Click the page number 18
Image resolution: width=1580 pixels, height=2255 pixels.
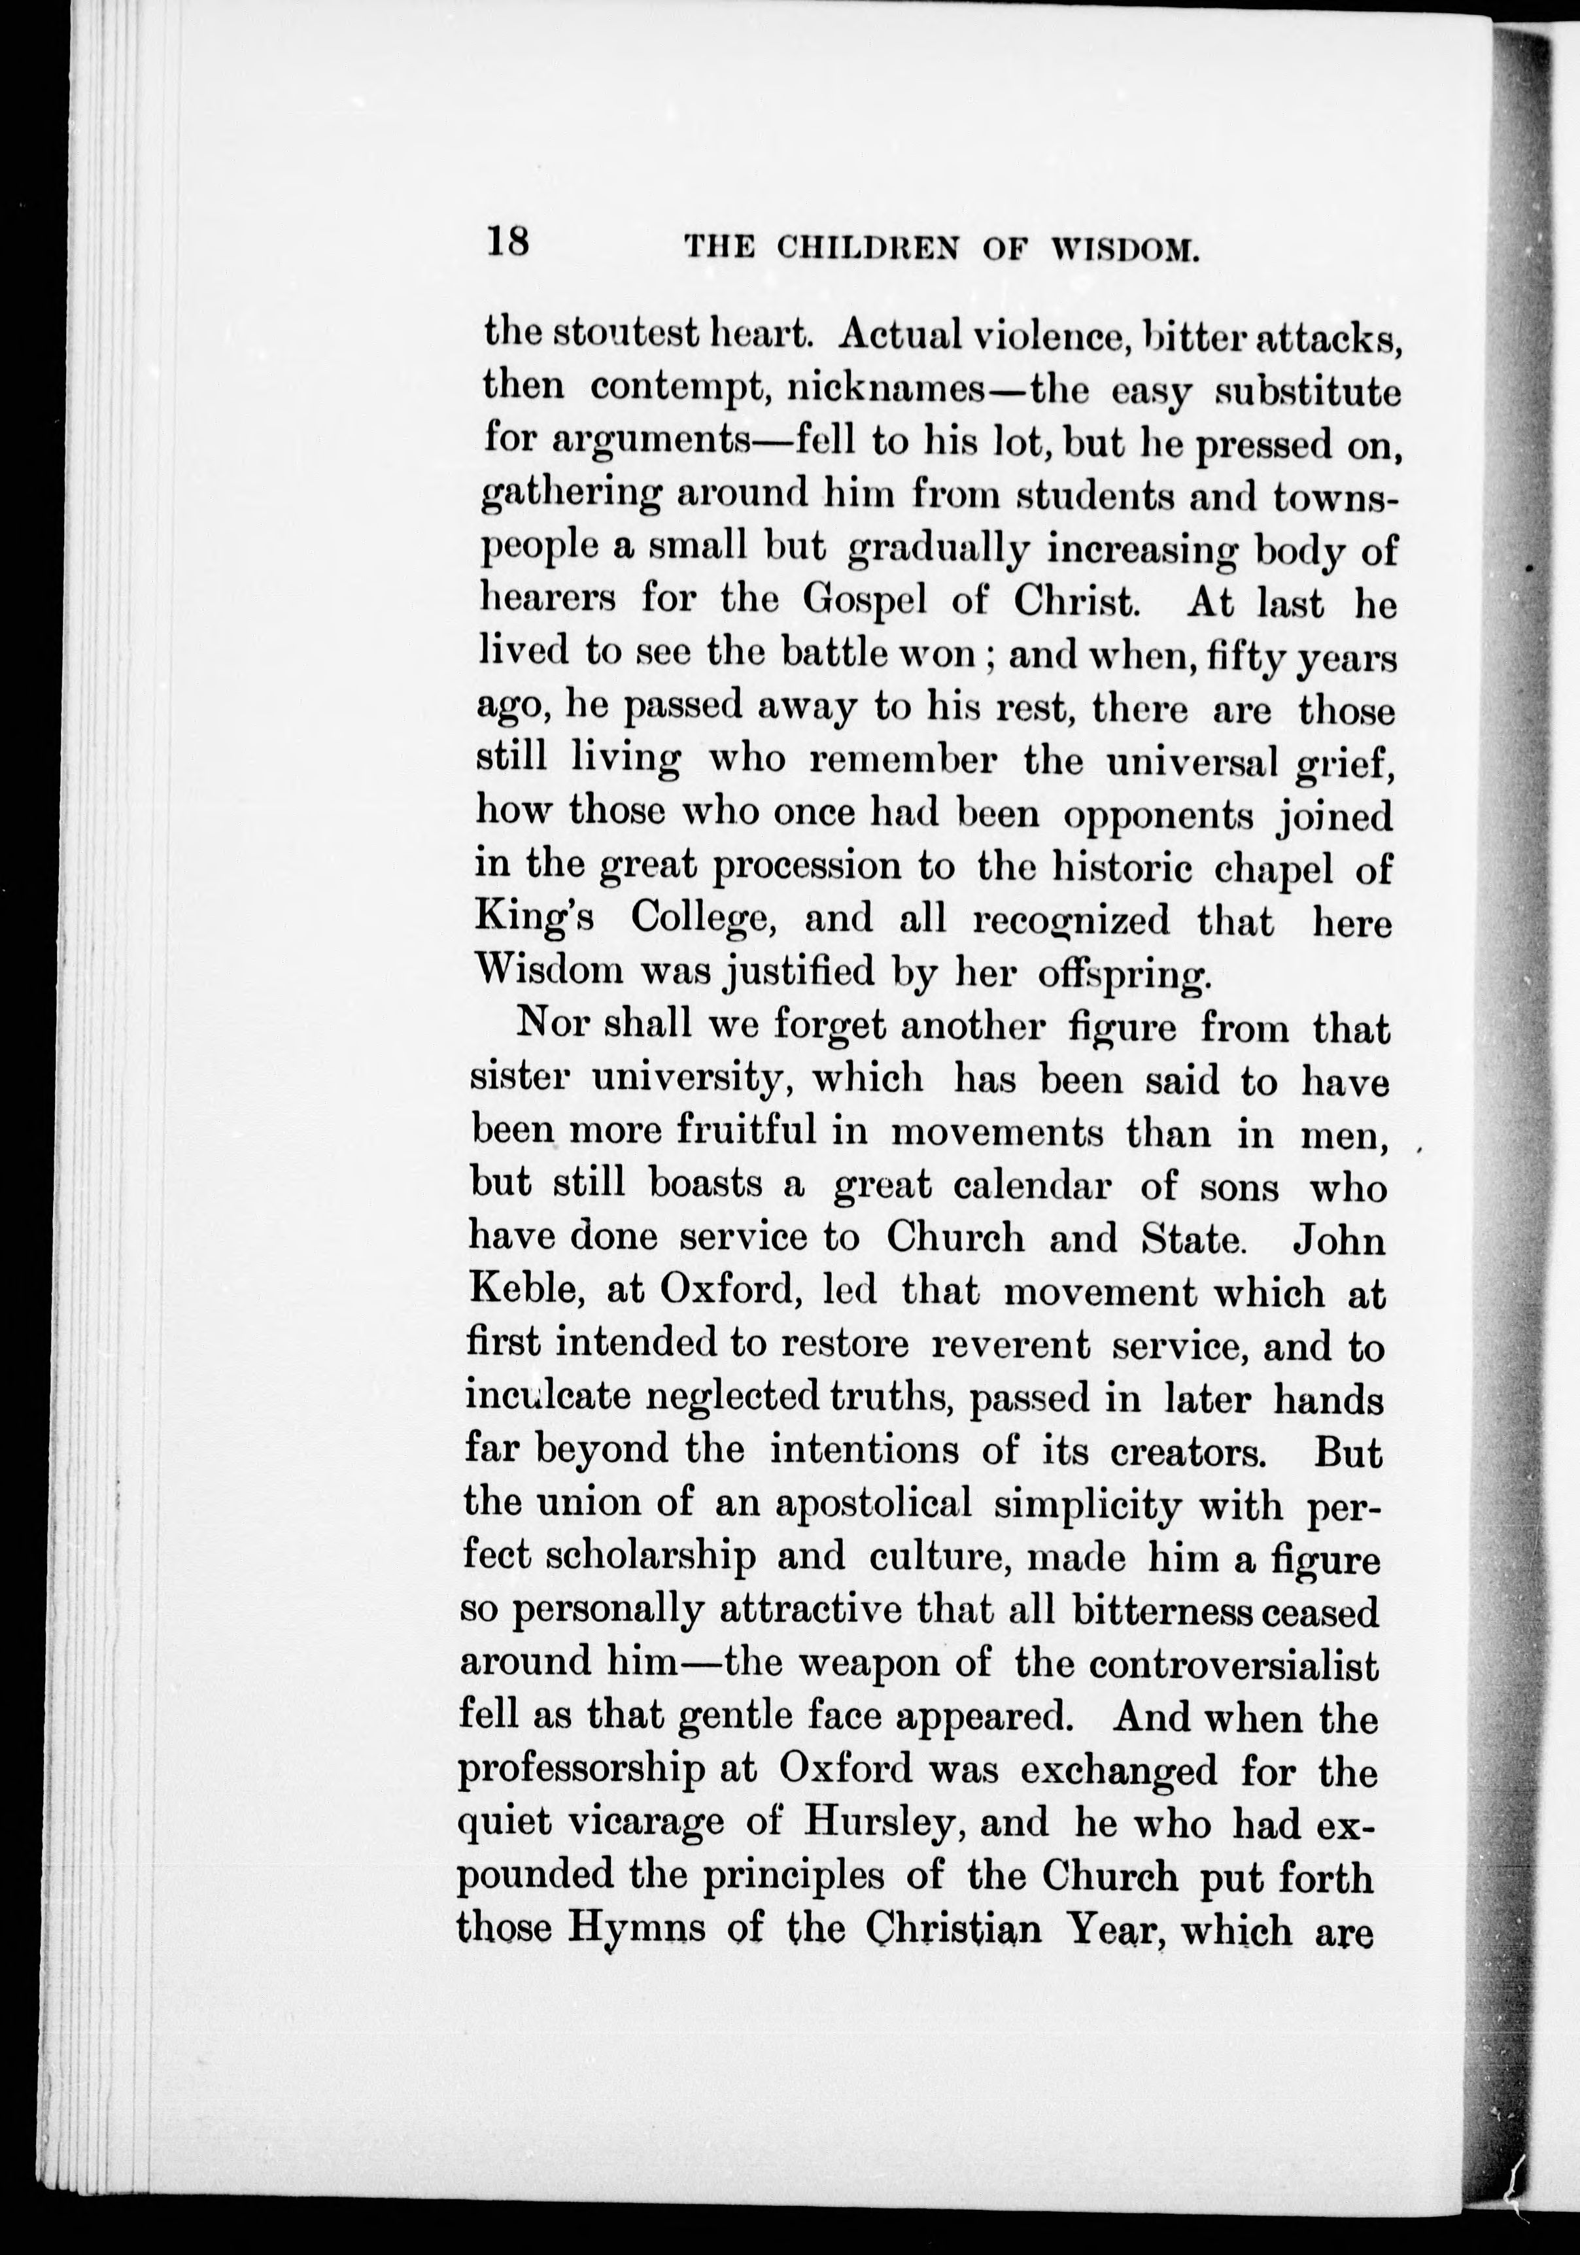(507, 241)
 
